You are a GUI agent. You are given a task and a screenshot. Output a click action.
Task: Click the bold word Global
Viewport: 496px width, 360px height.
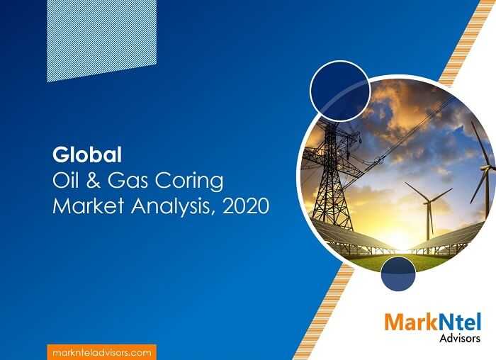point(87,155)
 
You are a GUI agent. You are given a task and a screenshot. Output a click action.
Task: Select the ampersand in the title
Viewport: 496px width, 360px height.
point(94,181)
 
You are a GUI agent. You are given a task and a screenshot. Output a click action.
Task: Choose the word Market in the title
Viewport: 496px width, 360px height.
point(88,206)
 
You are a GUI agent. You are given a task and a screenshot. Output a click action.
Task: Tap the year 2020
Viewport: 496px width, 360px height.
point(246,206)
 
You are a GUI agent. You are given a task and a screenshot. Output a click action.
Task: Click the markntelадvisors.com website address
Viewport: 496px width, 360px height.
point(102,353)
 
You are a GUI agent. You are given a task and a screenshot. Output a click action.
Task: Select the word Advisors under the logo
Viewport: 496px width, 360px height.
point(460,338)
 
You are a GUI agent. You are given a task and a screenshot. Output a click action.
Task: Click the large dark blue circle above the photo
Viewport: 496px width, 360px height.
point(339,91)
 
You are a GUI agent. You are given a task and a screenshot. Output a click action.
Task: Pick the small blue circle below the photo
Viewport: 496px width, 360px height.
point(398,274)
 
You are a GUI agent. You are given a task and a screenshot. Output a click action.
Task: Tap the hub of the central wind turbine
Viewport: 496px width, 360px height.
point(428,201)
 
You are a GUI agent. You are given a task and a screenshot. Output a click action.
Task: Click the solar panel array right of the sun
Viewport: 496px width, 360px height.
point(449,238)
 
